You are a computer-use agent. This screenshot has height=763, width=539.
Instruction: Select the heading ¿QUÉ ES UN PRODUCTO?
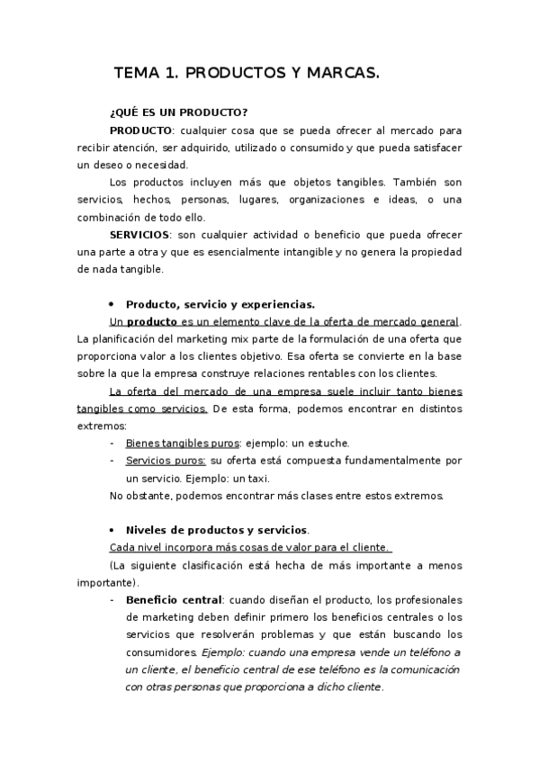coord(178,112)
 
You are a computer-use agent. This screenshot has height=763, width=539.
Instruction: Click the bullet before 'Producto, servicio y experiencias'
coord(112,304)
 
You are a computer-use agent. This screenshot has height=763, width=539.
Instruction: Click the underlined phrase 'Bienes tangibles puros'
coord(183,444)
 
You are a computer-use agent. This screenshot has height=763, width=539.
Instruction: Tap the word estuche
coord(328,444)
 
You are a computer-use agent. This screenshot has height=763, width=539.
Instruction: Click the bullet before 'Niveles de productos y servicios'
coord(112,530)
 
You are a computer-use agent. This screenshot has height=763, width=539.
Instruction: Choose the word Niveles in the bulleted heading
coord(148,530)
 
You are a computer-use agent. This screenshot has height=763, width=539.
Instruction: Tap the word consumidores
coord(162,651)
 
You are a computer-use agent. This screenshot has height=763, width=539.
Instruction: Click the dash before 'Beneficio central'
coord(112,599)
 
